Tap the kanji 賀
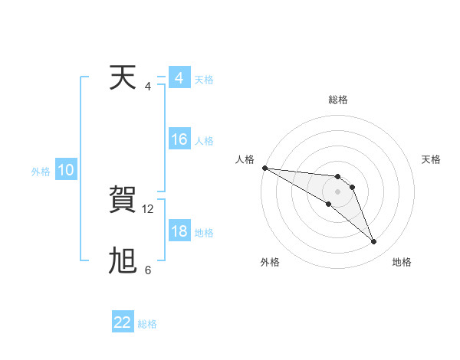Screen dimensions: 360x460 pos(124,201)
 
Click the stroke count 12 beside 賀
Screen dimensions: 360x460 pos(149,208)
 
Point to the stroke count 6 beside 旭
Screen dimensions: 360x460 pos(148,270)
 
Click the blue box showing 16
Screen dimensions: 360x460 pos(179,139)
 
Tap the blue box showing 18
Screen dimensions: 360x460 pos(179,231)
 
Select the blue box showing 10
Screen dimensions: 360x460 pos(66,171)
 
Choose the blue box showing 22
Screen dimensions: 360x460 pos(123,322)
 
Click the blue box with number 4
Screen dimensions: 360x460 pos(179,78)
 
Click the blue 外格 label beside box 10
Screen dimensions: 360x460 pos(41,172)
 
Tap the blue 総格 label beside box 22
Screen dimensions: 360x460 pos(147,324)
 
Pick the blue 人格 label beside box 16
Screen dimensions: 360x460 pos(204,141)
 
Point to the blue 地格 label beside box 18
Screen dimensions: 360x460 pos(204,233)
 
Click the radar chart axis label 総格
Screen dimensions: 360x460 pos(338,100)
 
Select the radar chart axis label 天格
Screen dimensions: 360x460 pos(432,159)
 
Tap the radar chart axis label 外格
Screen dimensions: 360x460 pos(270,262)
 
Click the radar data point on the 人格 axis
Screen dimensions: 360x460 pos(264,168)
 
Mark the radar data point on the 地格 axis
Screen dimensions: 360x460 pos(374,242)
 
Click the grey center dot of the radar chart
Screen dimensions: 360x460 pos(338,191)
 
